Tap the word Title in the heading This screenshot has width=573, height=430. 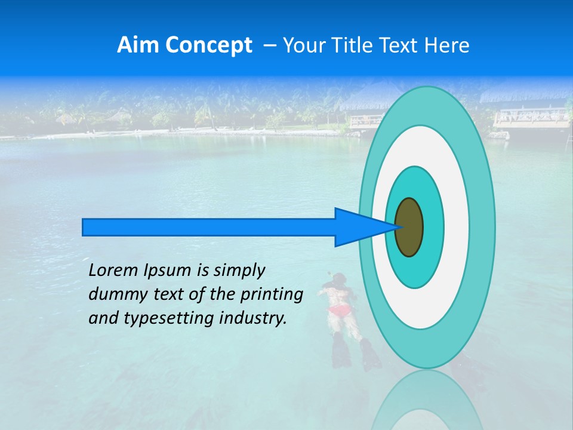[350, 45]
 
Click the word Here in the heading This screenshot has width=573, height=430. [447, 45]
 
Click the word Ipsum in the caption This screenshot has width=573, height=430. [168, 271]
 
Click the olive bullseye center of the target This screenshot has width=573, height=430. [409, 228]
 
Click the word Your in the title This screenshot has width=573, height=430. [302, 45]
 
